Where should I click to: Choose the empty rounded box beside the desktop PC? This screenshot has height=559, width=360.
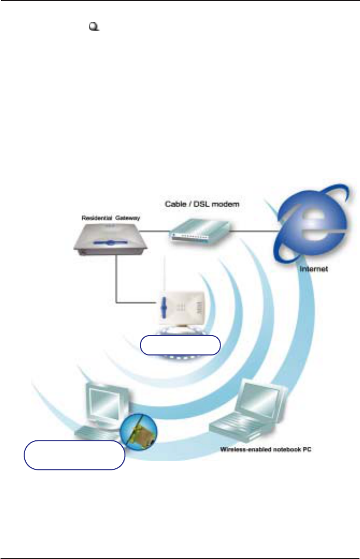pos(75,455)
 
